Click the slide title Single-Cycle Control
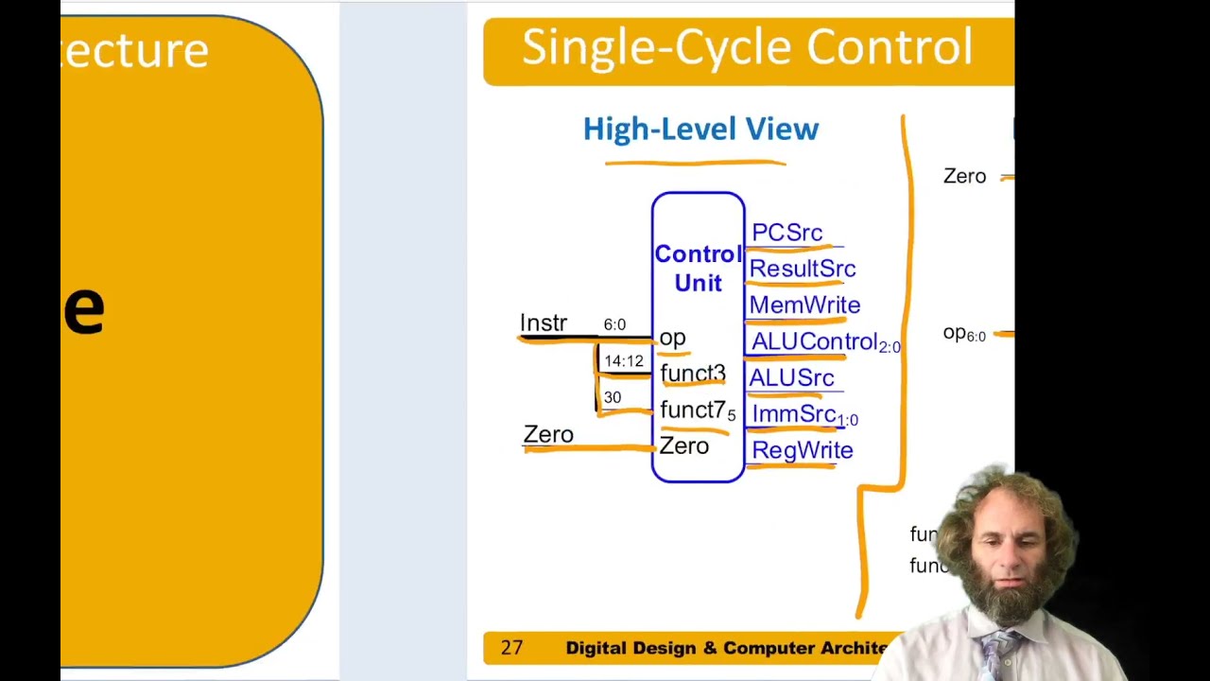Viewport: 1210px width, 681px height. coord(747,47)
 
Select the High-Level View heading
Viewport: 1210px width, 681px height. coord(700,130)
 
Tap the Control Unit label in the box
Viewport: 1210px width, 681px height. coord(698,269)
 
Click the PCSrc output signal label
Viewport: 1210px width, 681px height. coord(786,233)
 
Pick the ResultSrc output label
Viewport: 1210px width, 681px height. coord(802,269)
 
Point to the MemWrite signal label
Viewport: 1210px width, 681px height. coord(804,306)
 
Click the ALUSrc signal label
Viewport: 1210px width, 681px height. coord(791,378)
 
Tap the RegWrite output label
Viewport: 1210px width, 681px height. coord(802,450)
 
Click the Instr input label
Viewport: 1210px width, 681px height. coord(543,323)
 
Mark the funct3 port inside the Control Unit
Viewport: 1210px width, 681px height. coord(692,374)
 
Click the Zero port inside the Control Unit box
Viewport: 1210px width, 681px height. coord(683,446)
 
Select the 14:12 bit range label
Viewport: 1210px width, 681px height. coord(623,361)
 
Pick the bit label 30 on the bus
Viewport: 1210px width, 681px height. coord(613,398)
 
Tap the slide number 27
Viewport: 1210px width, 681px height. coord(511,648)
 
